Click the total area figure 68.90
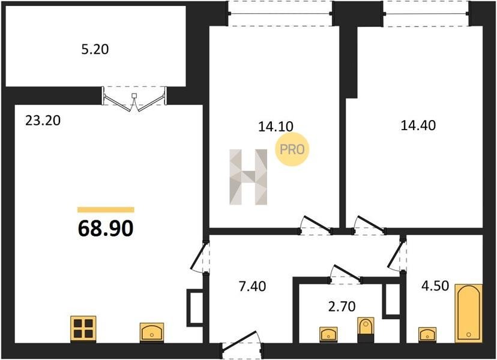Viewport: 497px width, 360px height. (106, 228)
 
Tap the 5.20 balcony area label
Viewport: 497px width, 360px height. (95, 49)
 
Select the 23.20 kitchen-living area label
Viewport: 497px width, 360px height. (43, 121)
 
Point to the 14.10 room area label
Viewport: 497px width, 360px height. (276, 127)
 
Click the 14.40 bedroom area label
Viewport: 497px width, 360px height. (418, 125)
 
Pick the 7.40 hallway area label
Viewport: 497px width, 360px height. (252, 286)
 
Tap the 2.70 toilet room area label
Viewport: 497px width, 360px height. (342, 307)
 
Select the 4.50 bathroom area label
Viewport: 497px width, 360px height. (435, 286)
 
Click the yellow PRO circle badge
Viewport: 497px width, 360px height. (292, 149)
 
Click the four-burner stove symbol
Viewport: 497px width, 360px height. (83, 329)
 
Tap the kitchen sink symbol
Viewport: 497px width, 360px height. (152, 332)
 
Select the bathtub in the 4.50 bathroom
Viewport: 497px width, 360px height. (468, 313)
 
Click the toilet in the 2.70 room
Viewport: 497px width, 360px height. (366, 329)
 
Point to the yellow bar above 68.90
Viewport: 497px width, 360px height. (106, 209)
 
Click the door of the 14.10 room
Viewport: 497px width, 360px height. (316, 226)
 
